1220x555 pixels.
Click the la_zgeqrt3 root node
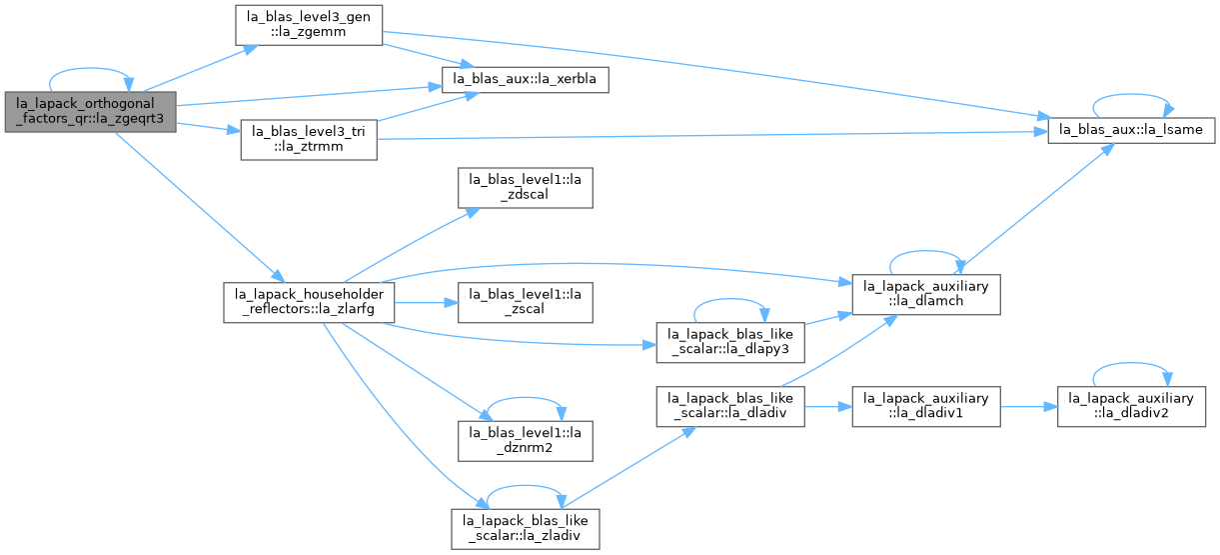pos(90,112)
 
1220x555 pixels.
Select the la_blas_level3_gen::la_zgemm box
pos(309,25)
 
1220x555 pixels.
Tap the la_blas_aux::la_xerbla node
pos(525,80)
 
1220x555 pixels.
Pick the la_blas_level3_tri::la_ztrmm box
pos(309,140)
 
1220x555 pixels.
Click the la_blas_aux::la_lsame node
pos(1131,130)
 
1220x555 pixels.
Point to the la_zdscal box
pos(525,188)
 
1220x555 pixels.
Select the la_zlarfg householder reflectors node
pos(309,302)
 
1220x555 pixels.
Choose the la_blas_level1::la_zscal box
pos(525,302)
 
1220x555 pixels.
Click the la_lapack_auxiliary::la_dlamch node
pos(926,294)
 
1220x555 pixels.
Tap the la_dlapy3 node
pos(730,342)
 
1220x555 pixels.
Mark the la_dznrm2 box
pos(525,441)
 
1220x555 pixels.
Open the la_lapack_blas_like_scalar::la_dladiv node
pos(730,407)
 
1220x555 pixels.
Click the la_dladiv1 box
pos(926,407)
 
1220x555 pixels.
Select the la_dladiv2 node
pos(1131,407)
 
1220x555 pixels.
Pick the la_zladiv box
pos(525,529)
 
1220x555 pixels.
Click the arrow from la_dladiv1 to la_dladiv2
pos(1029,407)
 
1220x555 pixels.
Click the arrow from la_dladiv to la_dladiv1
pos(828,407)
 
